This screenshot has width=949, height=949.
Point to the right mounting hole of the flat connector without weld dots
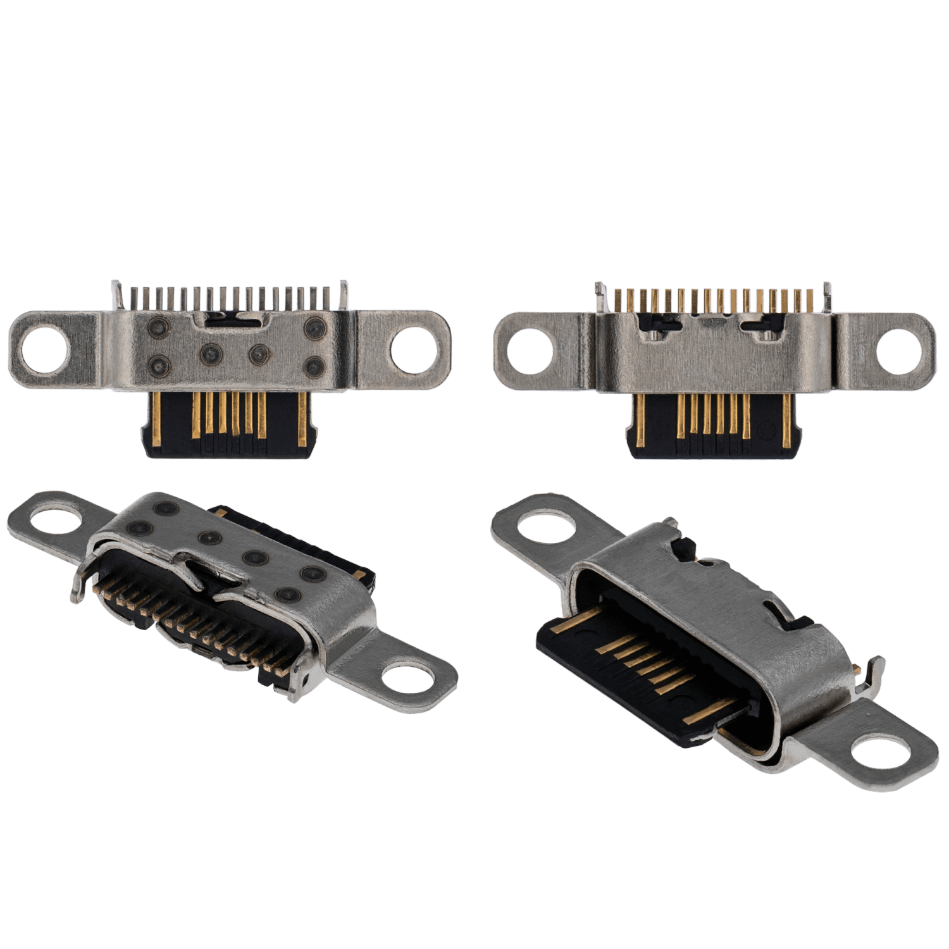point(897,350)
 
